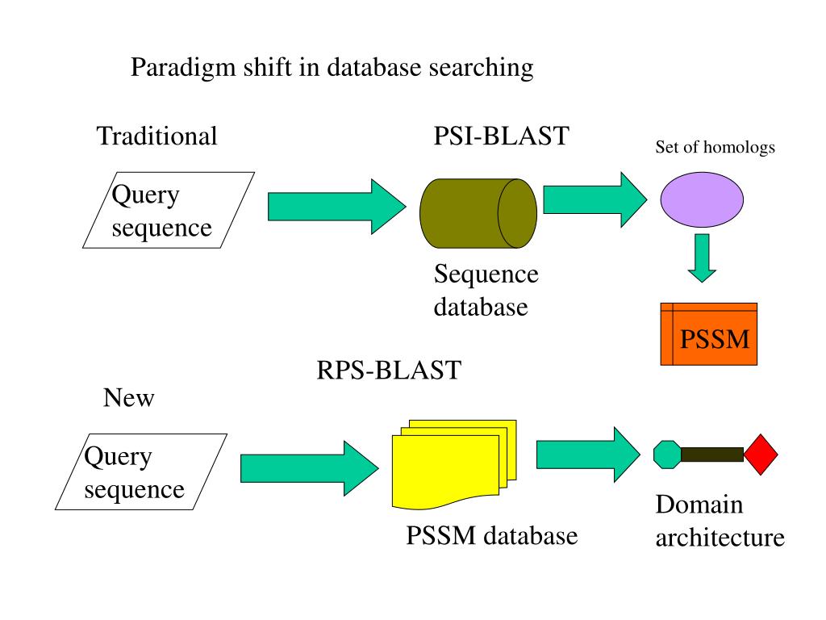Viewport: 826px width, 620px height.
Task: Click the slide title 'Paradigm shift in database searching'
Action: click(332, 68)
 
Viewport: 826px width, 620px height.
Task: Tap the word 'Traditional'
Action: click(156, 136)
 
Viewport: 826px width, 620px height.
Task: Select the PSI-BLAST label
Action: click(501, 136)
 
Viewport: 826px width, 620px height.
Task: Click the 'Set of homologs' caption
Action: click(715, 147)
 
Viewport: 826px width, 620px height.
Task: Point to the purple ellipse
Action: click(702, 200)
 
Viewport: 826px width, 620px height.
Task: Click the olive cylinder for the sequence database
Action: click(478, 213)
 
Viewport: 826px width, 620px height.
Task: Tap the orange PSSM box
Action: click(708, 334)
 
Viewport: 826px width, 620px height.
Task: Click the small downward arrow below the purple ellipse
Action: click(702, 258)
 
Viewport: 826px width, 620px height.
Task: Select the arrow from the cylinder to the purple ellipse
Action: click(594, 200)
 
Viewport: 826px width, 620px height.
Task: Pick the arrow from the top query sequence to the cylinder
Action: click(337, 207)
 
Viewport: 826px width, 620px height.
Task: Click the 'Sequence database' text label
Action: click(486, 291)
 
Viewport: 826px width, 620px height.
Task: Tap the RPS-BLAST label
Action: click(389, 370)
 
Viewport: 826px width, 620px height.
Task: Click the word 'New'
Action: click(128, 397)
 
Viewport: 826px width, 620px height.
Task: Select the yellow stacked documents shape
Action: click(454, 465)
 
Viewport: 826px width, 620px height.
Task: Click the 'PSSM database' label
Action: click(491, 536)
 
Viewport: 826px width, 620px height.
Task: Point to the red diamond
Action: click(761, 455)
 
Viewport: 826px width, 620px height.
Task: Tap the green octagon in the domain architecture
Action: click(667, 455)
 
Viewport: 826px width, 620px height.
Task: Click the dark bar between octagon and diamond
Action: click(712, 455)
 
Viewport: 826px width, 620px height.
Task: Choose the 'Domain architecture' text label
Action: click(720, 522)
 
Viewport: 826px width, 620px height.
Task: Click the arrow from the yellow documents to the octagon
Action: click(588, 455)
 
